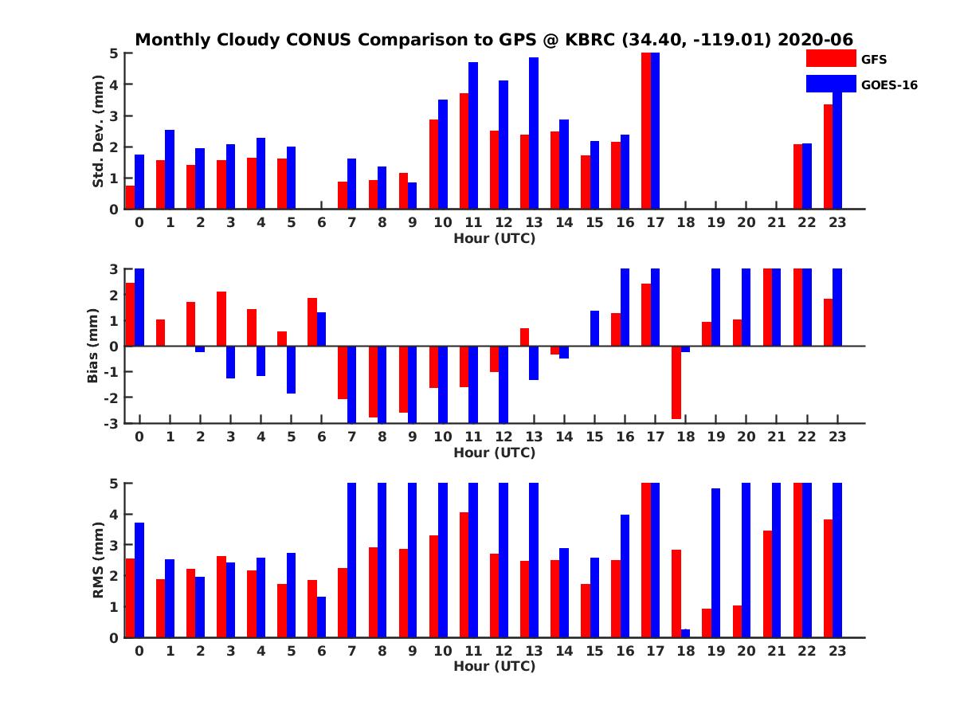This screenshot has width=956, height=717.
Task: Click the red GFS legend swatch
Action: click(831, 58)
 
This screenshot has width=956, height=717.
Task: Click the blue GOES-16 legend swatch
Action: click(831, 84)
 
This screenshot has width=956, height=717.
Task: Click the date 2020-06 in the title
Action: click(815, 40)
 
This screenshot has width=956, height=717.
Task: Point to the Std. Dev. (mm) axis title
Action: click(98, 131)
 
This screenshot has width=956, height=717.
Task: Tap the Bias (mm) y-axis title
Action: click(92, 346)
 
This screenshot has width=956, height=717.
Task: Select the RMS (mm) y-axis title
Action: click(98, 560)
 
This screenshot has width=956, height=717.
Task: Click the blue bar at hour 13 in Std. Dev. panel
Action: click(534, 133)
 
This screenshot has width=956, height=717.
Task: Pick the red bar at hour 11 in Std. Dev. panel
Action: click(464, 151)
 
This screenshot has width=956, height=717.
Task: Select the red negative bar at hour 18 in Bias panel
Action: click(676, 382)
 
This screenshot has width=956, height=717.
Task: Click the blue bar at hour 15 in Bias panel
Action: click(594, 328)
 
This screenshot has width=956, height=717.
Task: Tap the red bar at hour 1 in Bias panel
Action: click(160, 332)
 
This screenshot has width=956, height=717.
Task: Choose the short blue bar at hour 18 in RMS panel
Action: click(685, 633)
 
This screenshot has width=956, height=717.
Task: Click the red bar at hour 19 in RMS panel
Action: click(707, 623)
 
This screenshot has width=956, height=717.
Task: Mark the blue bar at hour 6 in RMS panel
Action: click(321, 617)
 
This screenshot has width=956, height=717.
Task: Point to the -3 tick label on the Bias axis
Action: click(111, 424)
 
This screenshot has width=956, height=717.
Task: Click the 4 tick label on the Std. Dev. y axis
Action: click(114, 84)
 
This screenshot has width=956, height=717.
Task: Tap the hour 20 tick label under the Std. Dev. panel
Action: click(746, 222)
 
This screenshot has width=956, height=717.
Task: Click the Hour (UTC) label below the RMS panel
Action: click(495, 666)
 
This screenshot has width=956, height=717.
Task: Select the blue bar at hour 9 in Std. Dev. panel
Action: click(412, 196)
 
